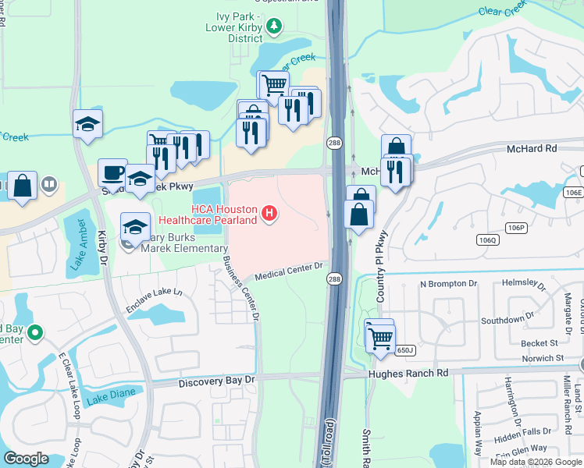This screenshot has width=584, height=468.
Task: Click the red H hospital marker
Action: click(x=269, y=213)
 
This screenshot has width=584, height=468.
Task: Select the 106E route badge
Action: click(x=574, y=193)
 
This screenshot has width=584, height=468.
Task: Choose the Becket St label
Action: click(x=519, y=342)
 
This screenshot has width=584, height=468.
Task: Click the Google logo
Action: click(x=26, y=459)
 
